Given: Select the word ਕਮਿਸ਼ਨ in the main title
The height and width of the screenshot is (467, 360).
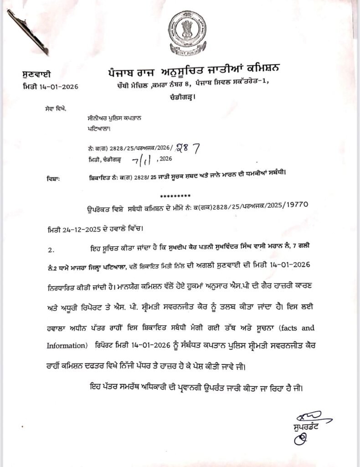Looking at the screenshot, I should coord(257,69).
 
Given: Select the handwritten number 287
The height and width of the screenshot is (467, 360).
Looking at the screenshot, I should coord(186,147).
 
